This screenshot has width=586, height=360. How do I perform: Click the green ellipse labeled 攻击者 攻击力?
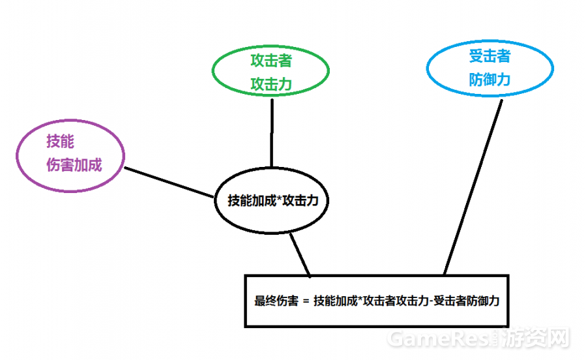(271, 72)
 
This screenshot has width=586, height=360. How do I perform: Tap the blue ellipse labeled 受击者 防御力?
(490, 68)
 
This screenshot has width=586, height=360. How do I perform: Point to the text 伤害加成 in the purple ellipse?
(74, 165)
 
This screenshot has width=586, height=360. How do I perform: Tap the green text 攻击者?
(271, 61)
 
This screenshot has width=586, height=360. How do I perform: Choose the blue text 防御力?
(490, 80)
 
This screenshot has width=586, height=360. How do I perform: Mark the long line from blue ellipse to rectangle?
(473, 186)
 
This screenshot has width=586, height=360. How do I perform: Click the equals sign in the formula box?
(305, 301)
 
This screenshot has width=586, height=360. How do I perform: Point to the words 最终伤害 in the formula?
(276, 301)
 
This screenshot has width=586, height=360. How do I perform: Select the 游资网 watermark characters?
(539, 338)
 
